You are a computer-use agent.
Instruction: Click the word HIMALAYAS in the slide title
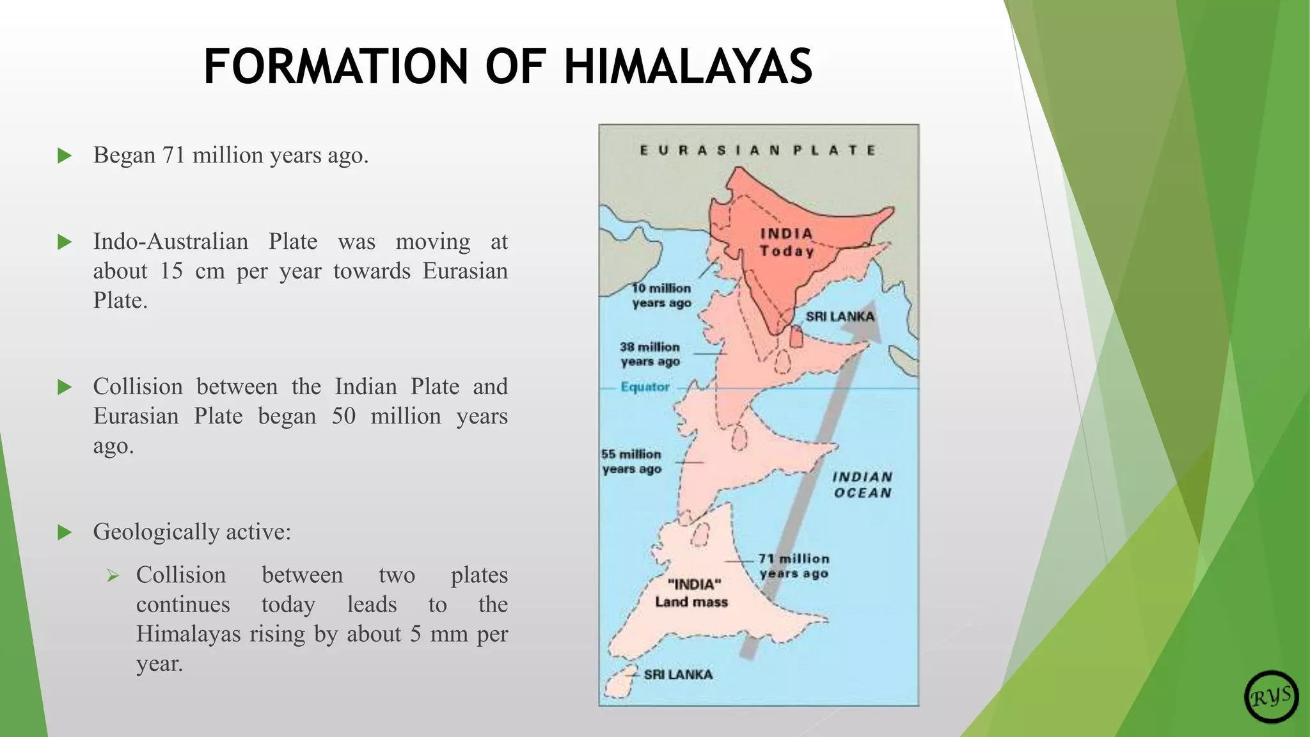pyautogui.click(x=688, y=67)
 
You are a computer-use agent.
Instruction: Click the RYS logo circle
pyautogui.click(x=1271, y=697)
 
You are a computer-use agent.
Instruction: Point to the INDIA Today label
pyautogui.click(x=787, y=242)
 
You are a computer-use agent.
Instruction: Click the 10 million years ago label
pyautogui.click(x=661, y=296)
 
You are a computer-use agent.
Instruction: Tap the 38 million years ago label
pyautogui.click(x=650, y=354)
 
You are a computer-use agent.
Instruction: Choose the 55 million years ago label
pyautogui.click(x=631, y=461)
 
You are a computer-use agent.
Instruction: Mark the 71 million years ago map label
pyautogui.click(x=794, y=566)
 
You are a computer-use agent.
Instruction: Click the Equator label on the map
pyautogui.click(x=645, y=387)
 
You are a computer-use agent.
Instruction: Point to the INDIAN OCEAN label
pyautogui.click(x=862, y=485)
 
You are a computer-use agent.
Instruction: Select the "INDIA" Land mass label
pyautogui.click(x=692, y=593)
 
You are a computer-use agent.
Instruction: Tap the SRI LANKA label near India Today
pyautogui.click(x=840, y=316)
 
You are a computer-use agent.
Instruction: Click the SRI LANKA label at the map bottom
pyautogui.click(x=678, y=674)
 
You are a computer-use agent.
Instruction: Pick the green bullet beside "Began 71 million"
pyautogui.click(x=65, y=155)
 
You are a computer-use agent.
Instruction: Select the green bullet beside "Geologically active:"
pyautogui.click(x=65, y=532)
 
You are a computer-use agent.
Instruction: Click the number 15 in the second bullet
pyautogui.click(x=171, y=271)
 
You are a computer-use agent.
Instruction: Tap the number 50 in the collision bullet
pyautogui.click(x=343, y=416)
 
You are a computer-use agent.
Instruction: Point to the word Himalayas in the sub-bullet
pyautogui.click(x=188, y=634)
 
